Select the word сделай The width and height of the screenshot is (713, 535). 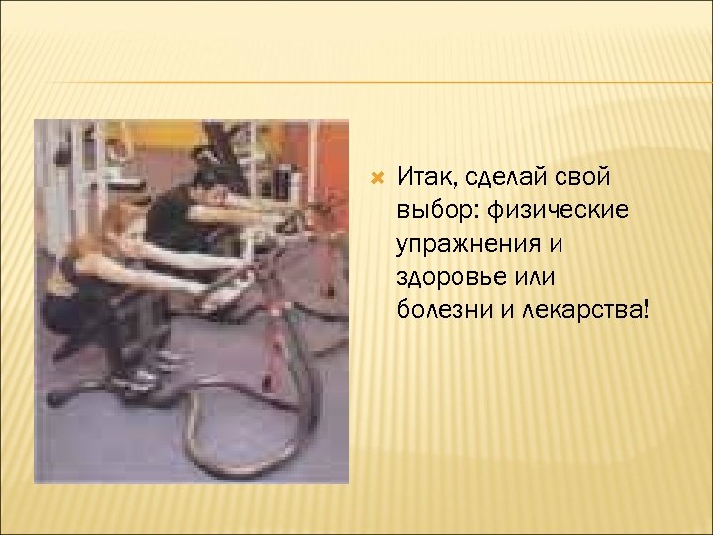click(501, 178)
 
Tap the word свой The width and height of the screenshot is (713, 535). click(585, 178)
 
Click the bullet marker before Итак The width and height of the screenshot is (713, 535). click(376, 178)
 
